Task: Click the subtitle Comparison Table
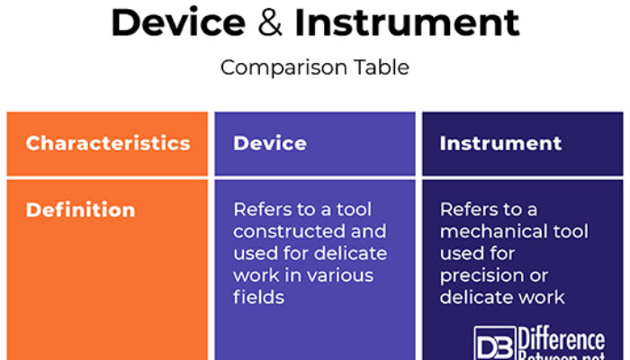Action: pyautogui.click(x=314, y=67)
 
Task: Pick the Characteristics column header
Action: pyautogui.click(x=107, y=143)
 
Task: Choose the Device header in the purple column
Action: pyautogui.click(x=269, y=143)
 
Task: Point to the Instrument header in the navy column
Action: pyautogui.click(x=500, y=143)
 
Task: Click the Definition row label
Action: pyautogui.click(x=80, y=210)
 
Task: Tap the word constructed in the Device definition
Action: pyautogui.click(x=283, y=231)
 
